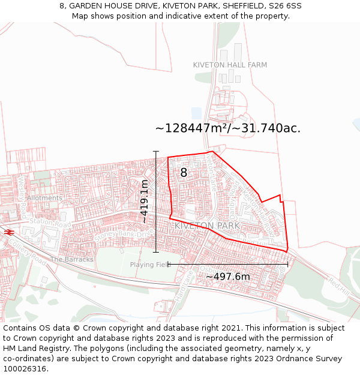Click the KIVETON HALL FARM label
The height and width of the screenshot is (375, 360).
pos(230,64)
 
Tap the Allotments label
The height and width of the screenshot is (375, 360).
pos(44,198)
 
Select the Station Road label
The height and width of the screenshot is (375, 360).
pos(50,224)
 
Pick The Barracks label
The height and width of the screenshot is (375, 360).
pos(72,260)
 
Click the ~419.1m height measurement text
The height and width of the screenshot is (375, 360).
pos(144,201)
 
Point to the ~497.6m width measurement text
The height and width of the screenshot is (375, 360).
pos(228,277)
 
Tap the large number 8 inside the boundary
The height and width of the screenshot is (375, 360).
pos(184,173)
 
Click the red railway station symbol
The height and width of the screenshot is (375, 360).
pos(8,232)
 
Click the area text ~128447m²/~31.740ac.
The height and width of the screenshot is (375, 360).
pos(228,128)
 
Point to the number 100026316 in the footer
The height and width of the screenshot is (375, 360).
pos(25,368)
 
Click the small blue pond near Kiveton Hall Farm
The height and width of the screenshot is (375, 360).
pos(196,113)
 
